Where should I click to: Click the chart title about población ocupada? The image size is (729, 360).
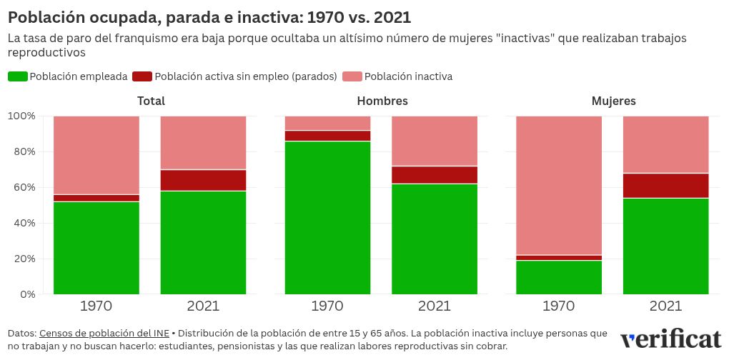(209, 17)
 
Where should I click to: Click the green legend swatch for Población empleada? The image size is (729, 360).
(18, 76)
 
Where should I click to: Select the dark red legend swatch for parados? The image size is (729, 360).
(142, 76)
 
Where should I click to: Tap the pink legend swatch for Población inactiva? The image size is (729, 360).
(352, 76)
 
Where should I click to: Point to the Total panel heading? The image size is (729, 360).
(150, 101)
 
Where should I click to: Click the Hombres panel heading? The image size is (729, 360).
(382, 101)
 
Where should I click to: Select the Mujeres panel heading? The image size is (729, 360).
(613, 101)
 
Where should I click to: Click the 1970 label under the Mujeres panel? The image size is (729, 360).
(559, 306)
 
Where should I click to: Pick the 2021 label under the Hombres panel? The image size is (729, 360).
(435, 306)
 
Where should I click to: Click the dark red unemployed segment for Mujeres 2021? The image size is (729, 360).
(665, 185)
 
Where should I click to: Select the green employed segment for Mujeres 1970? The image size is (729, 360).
(559, 277)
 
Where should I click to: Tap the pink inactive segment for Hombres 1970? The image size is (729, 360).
(327, 123)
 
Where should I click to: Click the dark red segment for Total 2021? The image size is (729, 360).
(203, 180)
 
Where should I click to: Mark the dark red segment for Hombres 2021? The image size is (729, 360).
(435, 174)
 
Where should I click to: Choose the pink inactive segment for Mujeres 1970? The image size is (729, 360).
(559, 185)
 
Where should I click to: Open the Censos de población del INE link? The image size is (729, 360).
(104, 334)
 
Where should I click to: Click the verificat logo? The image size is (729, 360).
(670, 339)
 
